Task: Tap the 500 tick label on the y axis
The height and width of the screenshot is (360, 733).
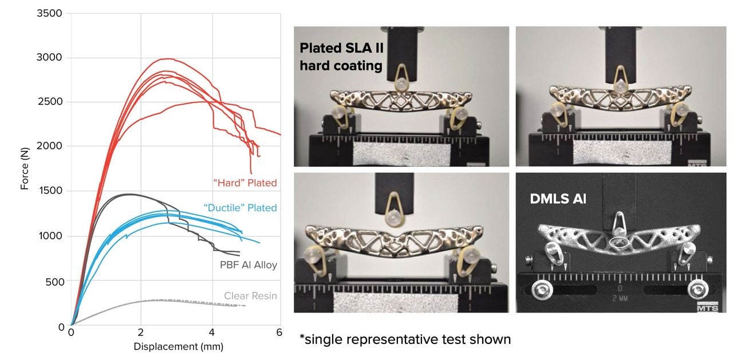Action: pyautogui.click(x=54, y=281)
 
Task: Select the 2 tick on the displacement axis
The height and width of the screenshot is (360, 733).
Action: pyautogui.click(x=141, y=333)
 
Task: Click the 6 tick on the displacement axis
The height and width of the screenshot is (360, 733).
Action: pyautogui.click(x=280, y=333)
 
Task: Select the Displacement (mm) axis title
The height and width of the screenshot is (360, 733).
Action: pyautogui.click(x=178, y=346)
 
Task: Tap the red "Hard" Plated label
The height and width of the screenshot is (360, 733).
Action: pyautogui.click(x=245, y=183)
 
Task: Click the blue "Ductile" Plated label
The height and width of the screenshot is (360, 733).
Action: pyautogui.click(x=240, y=208)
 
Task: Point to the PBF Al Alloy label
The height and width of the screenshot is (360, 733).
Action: pyautogui.click(x=248, y=265)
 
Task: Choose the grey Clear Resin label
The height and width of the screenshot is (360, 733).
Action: pyautogui.click(x=250, y=296)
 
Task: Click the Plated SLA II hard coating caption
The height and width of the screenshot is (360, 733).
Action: pyautogui.click(x=340, y=57)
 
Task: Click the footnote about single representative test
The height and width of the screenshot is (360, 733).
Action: pyautogui.click(x=405, y=339)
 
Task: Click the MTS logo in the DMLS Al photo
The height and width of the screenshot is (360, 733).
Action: pyautogui.click(x=708, y=308)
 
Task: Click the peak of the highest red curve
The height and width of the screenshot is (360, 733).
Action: pyautogui.click(x=167, y=58)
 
